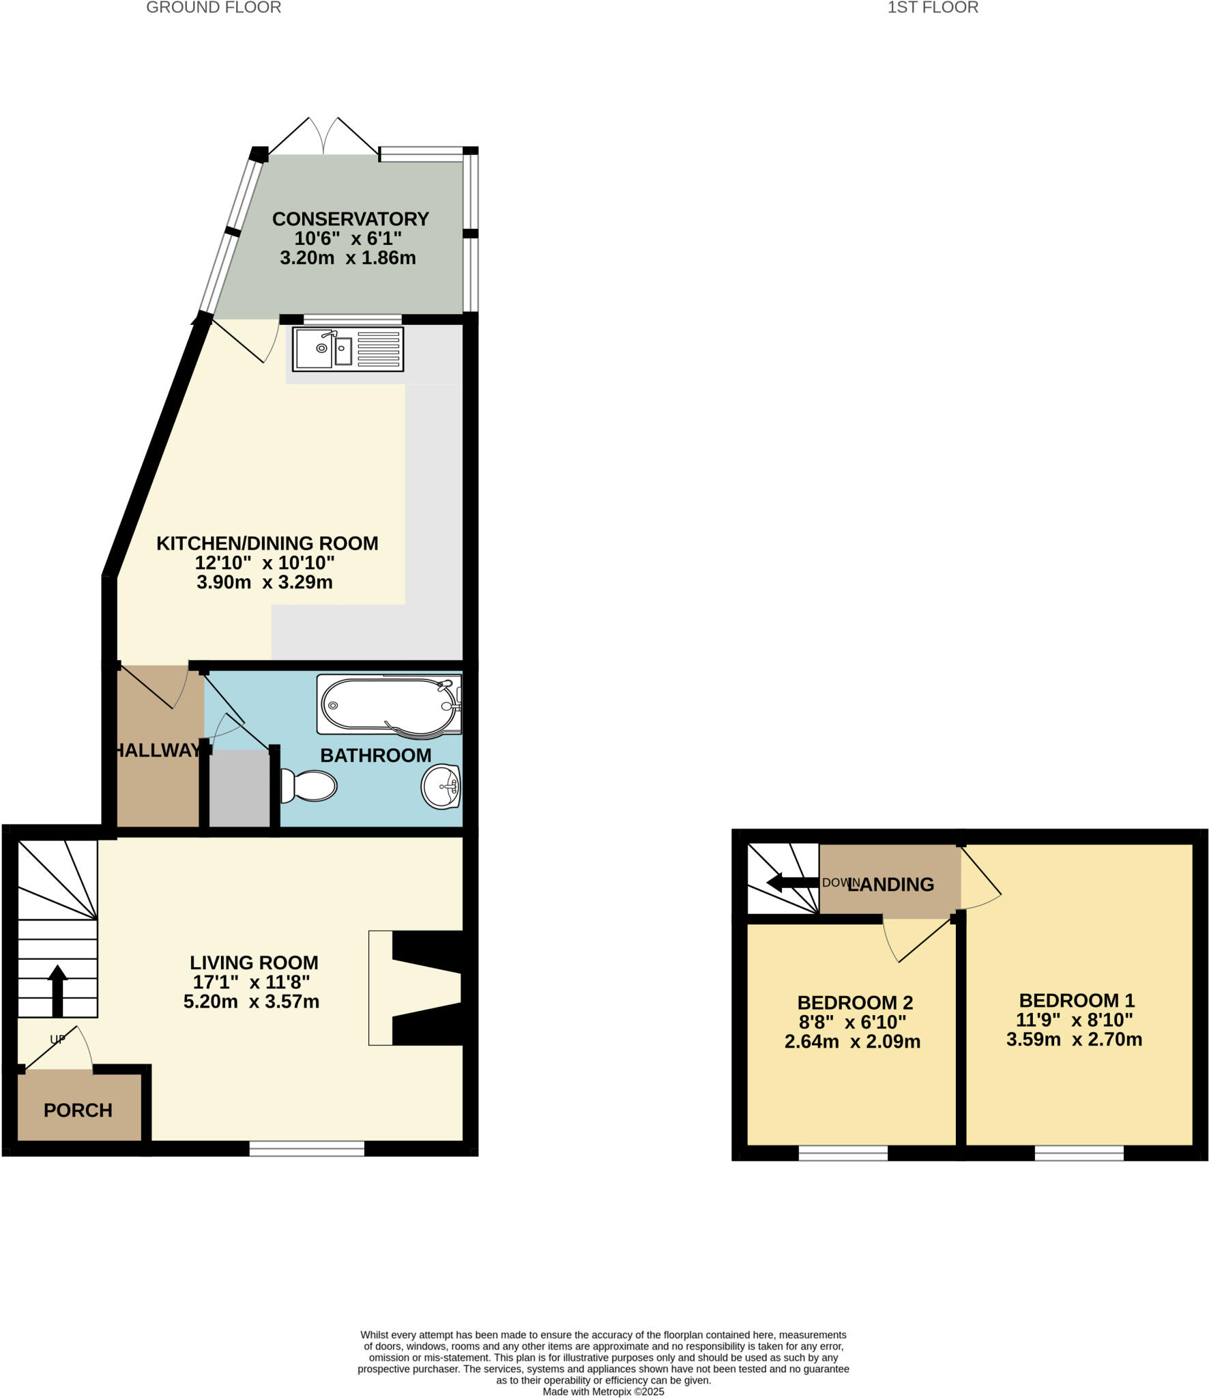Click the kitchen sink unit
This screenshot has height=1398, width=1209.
pyautogui.click(x=348, y=349)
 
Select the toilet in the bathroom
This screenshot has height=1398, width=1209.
pyautogui.click(x=309, y=786)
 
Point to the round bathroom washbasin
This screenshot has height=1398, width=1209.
pyautogui.click(x=441, y=786)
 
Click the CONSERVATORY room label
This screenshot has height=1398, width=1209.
pyautogui.click(x=350, y=219)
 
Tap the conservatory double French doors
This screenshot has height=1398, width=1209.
pyautogui.click(x=323, y=137)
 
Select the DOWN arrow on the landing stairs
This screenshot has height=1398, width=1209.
pyautogui.click(x=791, y=883)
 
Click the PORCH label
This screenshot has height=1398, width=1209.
pyautogui.click(x=78, y=1111)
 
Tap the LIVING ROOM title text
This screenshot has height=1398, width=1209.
pyautogui.click(x=254, y=962)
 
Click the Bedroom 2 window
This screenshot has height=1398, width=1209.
pyautogui.click(x=843, y=1153)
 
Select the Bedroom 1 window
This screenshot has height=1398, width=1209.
pyautogui.click(x=1079, y=1153)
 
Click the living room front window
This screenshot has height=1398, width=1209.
pyautogui.click(x=306, y=1149)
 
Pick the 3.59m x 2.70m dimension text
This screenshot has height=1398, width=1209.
pyautogui.click(x=1074, y=1040)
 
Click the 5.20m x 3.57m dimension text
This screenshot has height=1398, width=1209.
pyautogui.click(x=251, y=1001)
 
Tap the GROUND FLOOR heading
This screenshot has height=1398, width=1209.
pyautogui.click(x=214, y=8)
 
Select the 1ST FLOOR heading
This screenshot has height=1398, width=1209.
pyautogui.click(x=933, y=8)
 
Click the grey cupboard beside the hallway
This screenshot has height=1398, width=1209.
pyautogui.click(x=239, y=790)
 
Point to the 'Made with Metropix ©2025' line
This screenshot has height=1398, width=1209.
pyautogui.click(x=603, y=1391)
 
